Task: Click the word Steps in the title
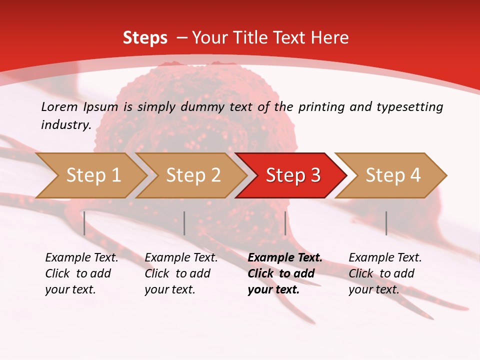point(145,37)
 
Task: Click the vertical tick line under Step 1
point(84,223)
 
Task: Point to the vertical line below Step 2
point(184,223)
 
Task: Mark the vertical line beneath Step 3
point(285,223)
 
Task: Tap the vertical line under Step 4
point(386,223)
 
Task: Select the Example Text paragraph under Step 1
point(81,273)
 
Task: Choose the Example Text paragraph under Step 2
point(181,273)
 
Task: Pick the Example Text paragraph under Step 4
point(385,273)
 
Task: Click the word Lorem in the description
point(59,106)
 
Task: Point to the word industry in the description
point(65,124)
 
